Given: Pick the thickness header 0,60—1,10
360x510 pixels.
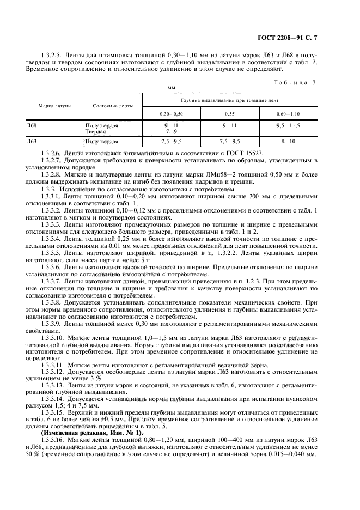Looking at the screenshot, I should [x=288, y=113].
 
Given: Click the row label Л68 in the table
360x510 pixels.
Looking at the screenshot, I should [x=32, y=125].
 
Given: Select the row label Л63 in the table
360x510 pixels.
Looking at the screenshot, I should [x=32, y=141].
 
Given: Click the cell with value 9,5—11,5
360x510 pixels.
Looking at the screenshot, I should [x=288, y=125].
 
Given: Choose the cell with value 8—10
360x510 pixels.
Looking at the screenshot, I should [x=288, y=141].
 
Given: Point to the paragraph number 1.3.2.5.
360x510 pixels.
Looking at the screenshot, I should [x=53, y=55].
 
